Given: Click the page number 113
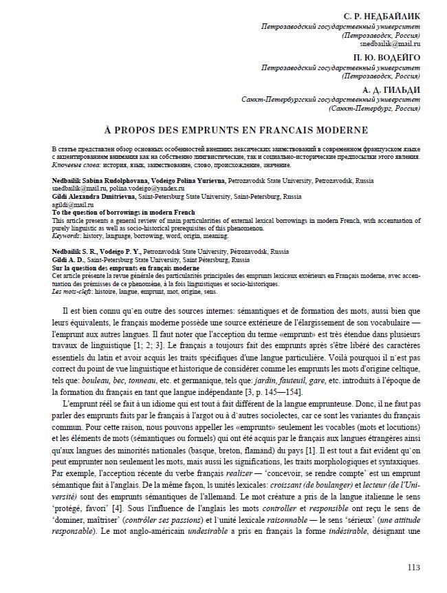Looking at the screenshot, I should (x=413, y=568).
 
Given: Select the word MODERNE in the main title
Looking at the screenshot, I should (x=340, y=129).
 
